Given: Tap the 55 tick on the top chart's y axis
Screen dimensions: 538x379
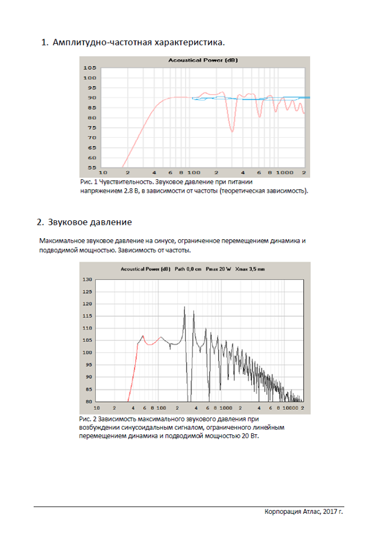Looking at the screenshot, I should (x=90, y=168).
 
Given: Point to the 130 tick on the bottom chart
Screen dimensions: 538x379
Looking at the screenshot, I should (x=87, y=279).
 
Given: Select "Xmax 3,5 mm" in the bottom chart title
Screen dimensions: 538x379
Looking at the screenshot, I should (x=250, y=269).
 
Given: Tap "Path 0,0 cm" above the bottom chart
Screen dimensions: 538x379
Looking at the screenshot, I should (x=187, y=269).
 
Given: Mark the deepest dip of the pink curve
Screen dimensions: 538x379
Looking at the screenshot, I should (x=232, y=131).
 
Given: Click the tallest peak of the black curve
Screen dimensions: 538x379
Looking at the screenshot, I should (x=184, y=307).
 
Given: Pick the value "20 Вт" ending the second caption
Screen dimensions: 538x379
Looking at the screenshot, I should (x=252, y=435).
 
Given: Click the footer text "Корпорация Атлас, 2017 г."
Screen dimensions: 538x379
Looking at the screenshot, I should (x=303, y=512).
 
